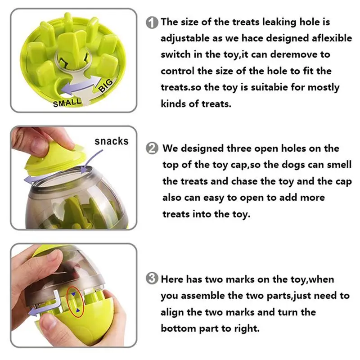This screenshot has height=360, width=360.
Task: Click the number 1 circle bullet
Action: point(152,23)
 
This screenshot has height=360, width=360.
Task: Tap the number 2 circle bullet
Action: point(152,148)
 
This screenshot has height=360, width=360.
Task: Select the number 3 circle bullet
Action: point(152,278)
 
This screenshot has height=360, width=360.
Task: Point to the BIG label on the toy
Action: point(106,85)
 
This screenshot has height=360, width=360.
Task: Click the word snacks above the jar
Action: point(112,141)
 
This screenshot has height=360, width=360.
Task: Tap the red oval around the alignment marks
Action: point(75,302)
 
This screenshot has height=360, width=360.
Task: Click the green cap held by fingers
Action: point(55,160)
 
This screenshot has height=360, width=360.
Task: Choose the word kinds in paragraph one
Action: point(173,104)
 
